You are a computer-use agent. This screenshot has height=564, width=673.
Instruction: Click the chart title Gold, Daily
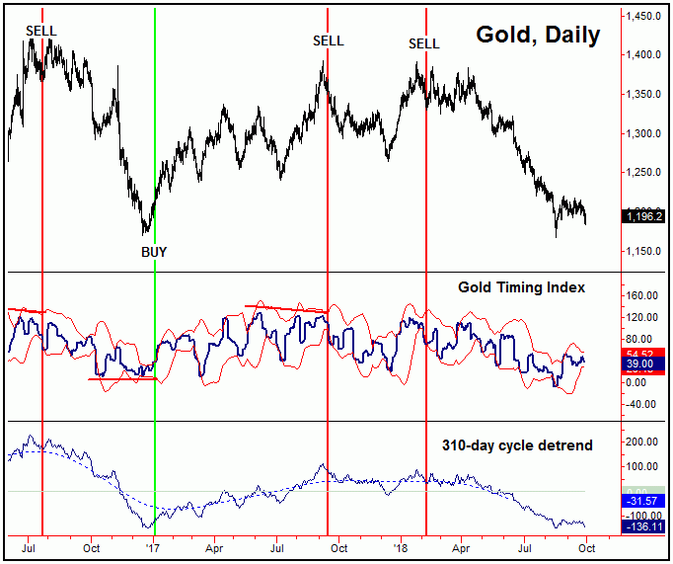click(x=537, y=35)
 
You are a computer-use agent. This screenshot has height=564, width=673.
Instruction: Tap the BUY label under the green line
click(x=153, y=252)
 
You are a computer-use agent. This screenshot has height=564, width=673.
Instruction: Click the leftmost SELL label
click(x=41, y=31)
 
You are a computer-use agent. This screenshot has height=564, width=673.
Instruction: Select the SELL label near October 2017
click(x=328, y=40)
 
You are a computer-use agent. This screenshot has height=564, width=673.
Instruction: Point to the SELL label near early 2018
click(x=424, y=43)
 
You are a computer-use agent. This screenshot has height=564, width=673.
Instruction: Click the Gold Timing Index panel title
click(x=522, y=287)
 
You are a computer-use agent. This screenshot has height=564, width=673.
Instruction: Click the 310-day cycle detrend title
click(x=517, y=445)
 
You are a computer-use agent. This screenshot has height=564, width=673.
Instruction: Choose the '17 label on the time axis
click(x=152, y=546)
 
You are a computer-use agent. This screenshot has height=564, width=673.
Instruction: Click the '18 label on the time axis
click(x=401, y=546)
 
